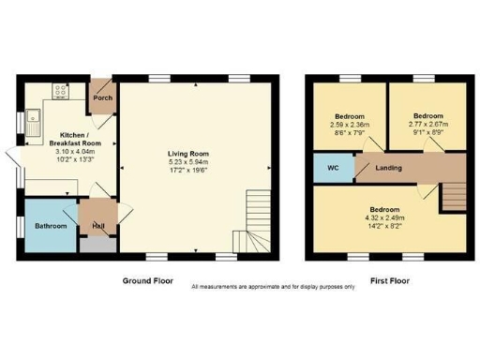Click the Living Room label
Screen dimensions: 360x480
(x=194, y=154)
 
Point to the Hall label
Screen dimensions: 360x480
(x=97, y=226)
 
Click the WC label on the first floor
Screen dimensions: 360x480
(x=334, y=169)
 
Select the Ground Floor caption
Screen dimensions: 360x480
(x=149, y=279)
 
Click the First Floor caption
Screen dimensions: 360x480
(x=388, y=279)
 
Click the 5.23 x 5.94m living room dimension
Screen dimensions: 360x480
(x=194, y=161)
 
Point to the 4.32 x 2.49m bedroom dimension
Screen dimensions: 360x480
(x=383, y=217)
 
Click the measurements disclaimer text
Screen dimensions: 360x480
(x=273, y=287)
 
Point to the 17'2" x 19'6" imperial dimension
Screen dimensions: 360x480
(x=194, y=170)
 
